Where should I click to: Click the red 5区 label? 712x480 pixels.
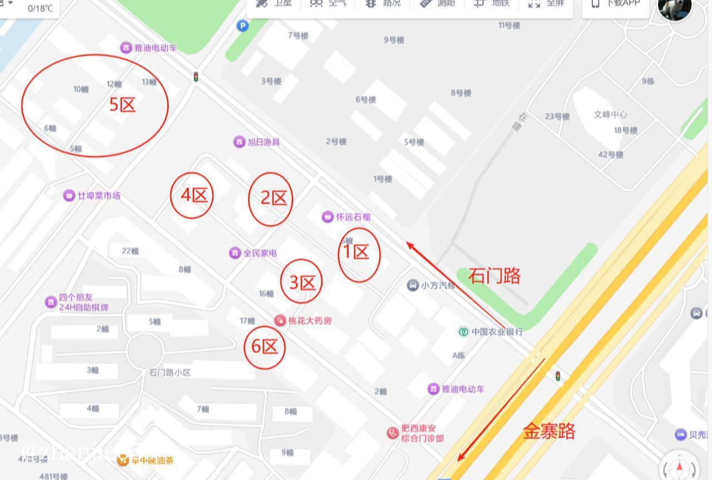pyautogui.click(x=122, y=104)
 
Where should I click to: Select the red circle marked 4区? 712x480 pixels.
pyautogui.click(x=192, y=195)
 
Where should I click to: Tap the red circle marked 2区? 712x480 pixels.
pyautogui.click(x=271, y=199)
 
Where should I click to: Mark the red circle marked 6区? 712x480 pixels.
pyautogui.click(x=265, y=347)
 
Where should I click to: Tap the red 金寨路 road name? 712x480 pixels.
pyautogui.click(x=549, y=431)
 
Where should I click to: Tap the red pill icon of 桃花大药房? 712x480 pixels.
pyautogui.click(x=280, y=320)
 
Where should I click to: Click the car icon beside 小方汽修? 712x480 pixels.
pyautogui.click(x=413, y=286)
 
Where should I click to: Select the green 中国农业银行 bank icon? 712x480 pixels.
pyautogui.click(x=463, y=331)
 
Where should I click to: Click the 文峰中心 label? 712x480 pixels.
pyautogui.click(x=610, y=115)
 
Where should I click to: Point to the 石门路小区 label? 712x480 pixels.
pyautogui.click(x=170, y=373)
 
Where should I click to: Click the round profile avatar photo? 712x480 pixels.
pyautogui.click(x=674, y=8)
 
